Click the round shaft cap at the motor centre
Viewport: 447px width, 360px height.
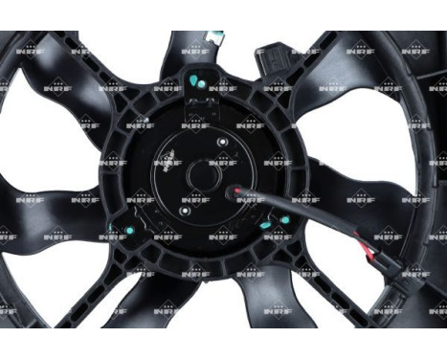202,173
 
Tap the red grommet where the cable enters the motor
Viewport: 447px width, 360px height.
233,191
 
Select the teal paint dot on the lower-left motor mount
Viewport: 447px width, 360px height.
119,230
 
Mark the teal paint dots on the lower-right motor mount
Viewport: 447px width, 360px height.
283,223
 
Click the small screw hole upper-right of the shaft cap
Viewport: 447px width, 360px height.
222,145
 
